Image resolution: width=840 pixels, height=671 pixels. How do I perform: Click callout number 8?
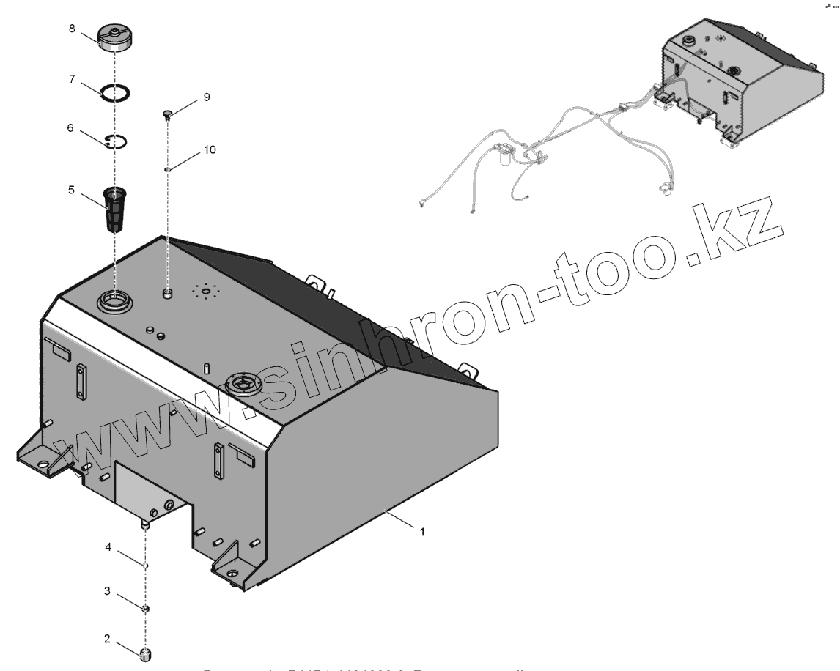tap(72, 29)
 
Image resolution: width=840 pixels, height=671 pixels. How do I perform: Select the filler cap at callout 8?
tap(115, 38)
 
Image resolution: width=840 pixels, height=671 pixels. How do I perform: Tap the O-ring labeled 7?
tap(116, 93)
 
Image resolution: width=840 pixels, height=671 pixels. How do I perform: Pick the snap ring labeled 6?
tap(115, 141)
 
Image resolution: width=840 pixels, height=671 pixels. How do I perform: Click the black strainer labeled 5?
tap(114, 210)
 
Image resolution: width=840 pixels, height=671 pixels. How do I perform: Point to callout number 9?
tap(206, 97)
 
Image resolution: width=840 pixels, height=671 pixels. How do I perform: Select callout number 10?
tap(210, 149)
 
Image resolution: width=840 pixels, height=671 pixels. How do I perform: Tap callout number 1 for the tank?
tap(421, 533)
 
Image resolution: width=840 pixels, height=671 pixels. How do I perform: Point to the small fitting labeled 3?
tap(146, 608)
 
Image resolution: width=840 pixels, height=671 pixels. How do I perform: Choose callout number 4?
tap(108, 546)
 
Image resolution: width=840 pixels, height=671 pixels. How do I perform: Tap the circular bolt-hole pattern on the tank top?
tap(207, 292)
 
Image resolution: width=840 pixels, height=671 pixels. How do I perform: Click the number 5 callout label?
tap(71, 189)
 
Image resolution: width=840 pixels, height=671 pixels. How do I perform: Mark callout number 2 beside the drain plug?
tap(107, 639)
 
